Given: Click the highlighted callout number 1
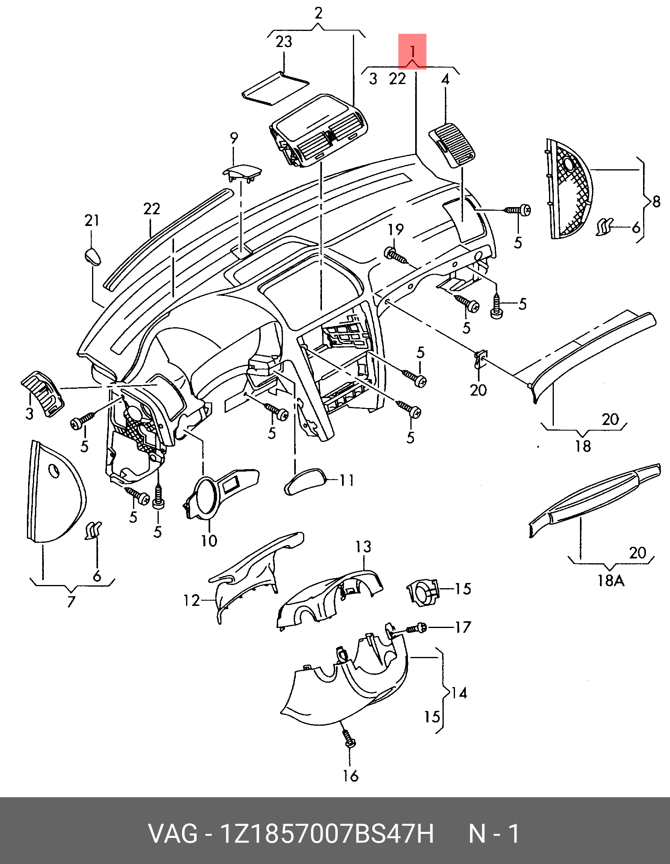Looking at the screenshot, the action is pos(412,51).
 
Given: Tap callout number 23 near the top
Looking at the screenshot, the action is pos(284,42).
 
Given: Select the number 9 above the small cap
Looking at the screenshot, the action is pos(234,138).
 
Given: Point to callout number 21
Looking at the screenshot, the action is pos(92,220).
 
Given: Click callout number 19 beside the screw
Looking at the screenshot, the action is pos(395,230).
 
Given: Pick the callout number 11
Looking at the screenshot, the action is pos(347,480).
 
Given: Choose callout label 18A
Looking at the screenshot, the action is pos(611,580).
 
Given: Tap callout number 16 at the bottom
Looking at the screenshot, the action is pos(350,776).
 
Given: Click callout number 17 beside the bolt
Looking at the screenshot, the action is pos(463,627).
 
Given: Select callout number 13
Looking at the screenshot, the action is pos(363,546).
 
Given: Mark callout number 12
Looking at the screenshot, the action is pos(192,601).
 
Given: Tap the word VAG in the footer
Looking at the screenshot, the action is pos(173,834).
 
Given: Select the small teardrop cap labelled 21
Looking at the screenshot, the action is pos(93,257).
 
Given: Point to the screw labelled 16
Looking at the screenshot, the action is pos(348,737).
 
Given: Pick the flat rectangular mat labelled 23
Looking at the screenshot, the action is pos(276,88).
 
